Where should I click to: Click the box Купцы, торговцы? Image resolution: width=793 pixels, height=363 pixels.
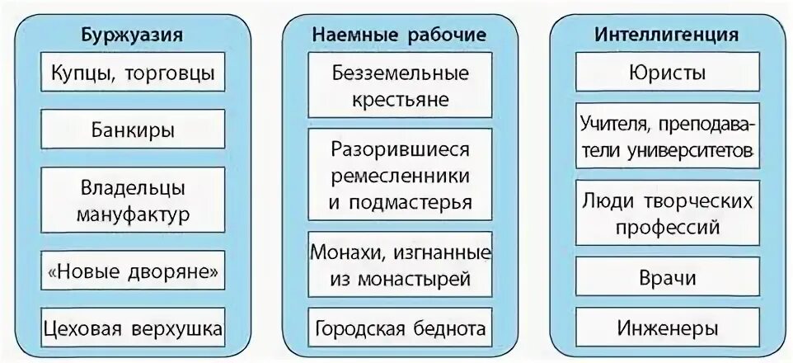(132, 73)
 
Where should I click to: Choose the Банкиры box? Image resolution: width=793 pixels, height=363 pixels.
(132, 130)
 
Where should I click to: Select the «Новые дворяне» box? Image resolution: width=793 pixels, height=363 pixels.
(132, 271)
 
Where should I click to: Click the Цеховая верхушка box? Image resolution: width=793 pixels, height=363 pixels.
(132, 329)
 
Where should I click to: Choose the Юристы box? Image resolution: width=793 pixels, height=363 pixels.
(666, 73)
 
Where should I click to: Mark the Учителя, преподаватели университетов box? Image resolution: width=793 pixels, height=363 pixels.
(666, 138)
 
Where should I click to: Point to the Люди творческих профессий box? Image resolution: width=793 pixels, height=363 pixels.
(666, 213)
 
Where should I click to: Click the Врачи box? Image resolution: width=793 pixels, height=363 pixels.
(666, 277)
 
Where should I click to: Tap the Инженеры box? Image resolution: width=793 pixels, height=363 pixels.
(666, 328)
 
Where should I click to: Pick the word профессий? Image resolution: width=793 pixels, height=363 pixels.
(666, 226)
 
